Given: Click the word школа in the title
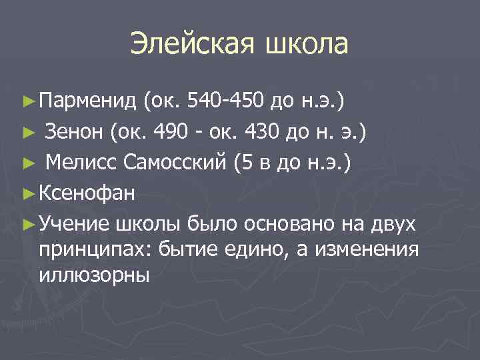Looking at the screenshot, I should click(307, 44).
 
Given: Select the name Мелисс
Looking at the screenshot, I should click(79, 162).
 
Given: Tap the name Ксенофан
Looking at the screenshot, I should click(87, 193).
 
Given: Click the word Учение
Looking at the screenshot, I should click(75, 224).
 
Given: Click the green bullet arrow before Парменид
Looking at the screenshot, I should click(28, 101).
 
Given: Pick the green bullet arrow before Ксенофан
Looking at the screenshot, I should click(28, 194).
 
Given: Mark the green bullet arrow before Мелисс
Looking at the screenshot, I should click(28, 163).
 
